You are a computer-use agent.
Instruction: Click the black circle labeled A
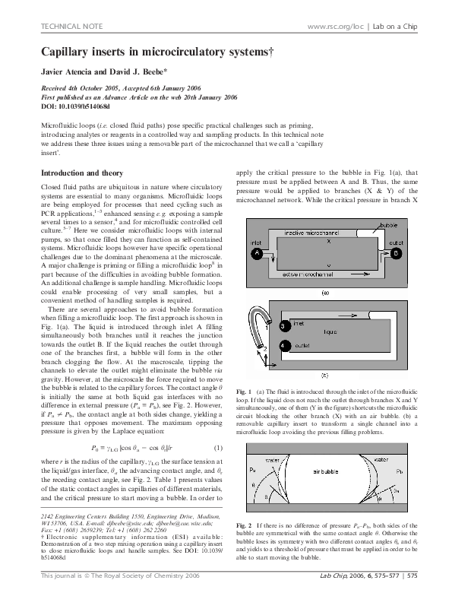257,252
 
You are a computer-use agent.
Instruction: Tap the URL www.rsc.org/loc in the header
334,27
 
